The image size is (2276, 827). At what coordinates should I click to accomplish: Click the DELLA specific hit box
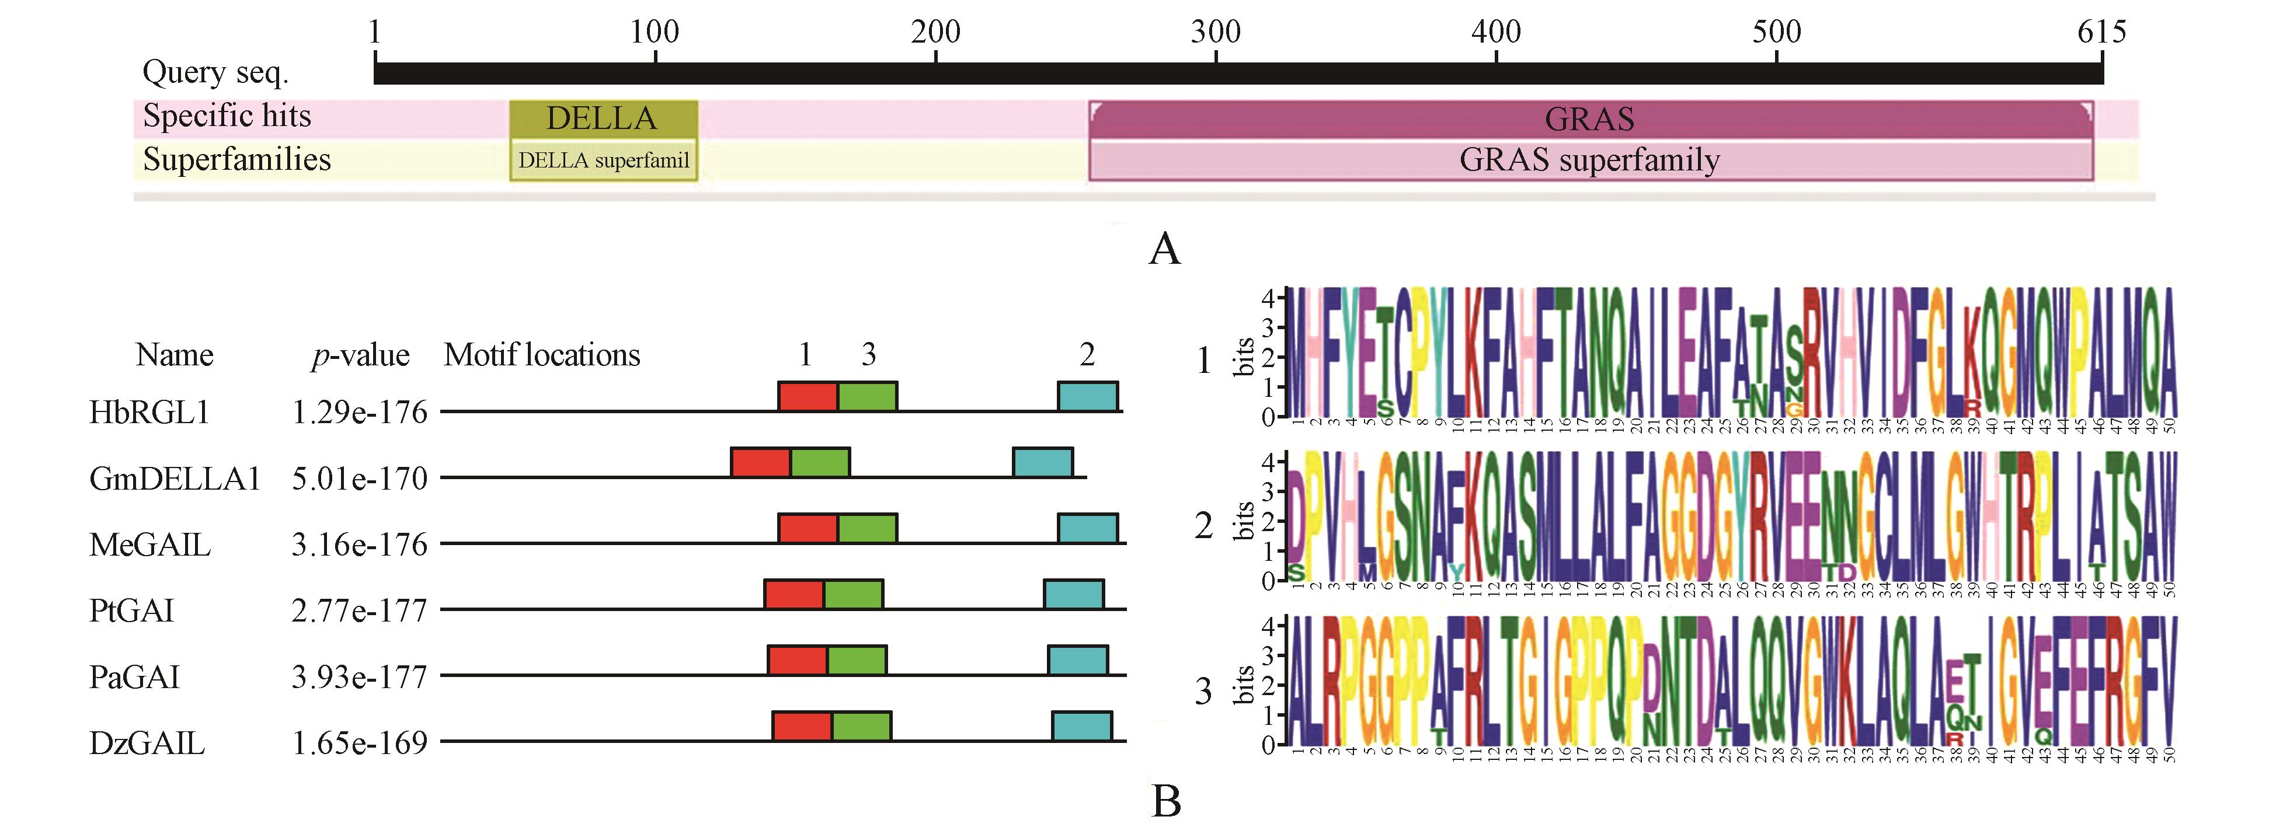[604, 118]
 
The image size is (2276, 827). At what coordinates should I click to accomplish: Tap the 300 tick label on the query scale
[1215, 33]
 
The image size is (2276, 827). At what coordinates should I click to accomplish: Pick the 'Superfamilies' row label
[237, 160]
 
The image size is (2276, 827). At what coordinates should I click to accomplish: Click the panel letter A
[1164, 249]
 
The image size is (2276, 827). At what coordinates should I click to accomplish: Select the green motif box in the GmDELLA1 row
[820, 462]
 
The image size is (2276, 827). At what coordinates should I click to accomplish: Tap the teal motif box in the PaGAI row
[1077, 660]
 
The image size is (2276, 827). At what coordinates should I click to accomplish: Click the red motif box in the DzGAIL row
[801, 726]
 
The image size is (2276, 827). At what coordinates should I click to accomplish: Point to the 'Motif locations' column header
[542, 355]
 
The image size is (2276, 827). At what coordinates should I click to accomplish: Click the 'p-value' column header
[360, 355]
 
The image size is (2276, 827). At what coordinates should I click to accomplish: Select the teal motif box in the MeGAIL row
[1088, 528]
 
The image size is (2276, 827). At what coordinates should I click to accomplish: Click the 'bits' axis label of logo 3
[1244, 685]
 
